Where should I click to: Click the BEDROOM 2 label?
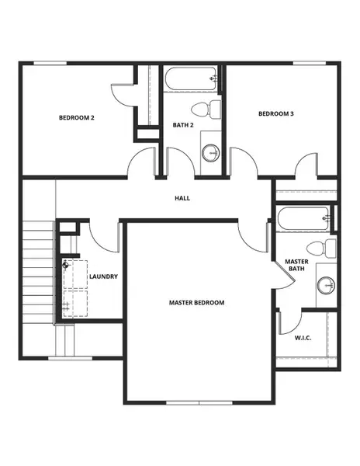tap(77, 118)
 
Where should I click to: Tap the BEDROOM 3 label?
tap(276, 114)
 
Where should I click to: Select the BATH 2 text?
tap(182, 125)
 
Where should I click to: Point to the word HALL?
tap(182, 198)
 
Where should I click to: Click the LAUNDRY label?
tap(103, 276)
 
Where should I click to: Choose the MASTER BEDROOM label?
tap(197, 302)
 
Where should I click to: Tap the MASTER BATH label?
tap(297, 266)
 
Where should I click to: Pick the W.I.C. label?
tap(303, 339)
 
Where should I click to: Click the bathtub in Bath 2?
tap(190, 80)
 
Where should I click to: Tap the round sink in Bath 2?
tap(210, 152)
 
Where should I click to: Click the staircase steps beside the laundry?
tap(37, 272)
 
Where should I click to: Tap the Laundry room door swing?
tap(103, 237)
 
